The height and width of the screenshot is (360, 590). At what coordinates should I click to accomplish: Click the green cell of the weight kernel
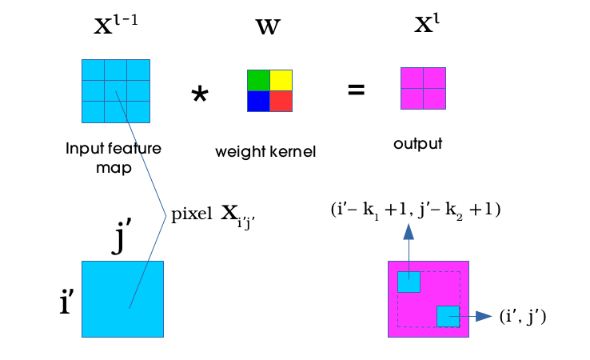[258, 80]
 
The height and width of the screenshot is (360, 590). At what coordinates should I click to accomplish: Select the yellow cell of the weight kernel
[281, 80]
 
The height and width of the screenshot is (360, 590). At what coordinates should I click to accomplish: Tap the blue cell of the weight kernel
[258, 101]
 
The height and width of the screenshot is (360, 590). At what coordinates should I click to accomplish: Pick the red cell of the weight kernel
[281, 101]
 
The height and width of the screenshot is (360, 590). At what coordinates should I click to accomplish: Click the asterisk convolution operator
[199, 95]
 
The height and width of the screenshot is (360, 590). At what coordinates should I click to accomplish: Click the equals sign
[356, 90]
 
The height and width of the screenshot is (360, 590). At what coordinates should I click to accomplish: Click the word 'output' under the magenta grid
[417, 145]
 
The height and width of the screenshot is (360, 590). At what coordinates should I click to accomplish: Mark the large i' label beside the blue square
[67, 305]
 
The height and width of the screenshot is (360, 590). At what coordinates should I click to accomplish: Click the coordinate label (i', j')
[522, 317]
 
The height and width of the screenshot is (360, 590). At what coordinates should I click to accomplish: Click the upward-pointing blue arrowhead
[409, 232]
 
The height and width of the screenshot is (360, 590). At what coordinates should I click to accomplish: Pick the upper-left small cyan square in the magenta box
[409, 282]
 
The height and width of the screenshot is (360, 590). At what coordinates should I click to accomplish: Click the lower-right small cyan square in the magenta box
[448, 316]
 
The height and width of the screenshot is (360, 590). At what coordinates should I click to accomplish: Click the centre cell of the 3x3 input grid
[116, 90]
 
